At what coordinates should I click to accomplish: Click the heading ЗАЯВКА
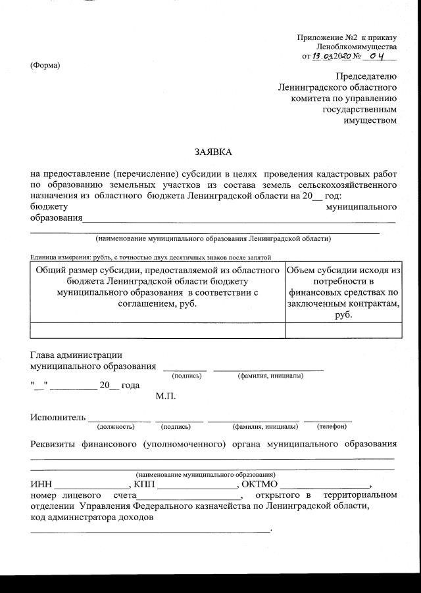213,152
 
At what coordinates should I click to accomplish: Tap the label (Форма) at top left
45,65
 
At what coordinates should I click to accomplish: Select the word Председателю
366,77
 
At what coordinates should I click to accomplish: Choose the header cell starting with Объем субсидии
343,292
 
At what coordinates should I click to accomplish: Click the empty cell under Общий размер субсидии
158,330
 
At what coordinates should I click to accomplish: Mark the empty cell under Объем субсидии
343,330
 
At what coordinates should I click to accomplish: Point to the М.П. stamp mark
166,396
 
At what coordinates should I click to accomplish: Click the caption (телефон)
332,426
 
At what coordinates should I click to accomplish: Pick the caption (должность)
116,426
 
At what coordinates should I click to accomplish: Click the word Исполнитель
58,417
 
